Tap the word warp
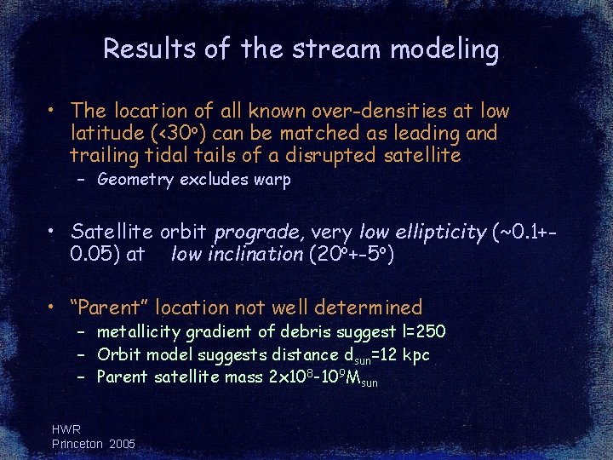(272, 180)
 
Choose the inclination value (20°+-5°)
(350, 254)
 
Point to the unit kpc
(415, 354)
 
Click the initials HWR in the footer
(66, 430)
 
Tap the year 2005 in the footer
(121, 444)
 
